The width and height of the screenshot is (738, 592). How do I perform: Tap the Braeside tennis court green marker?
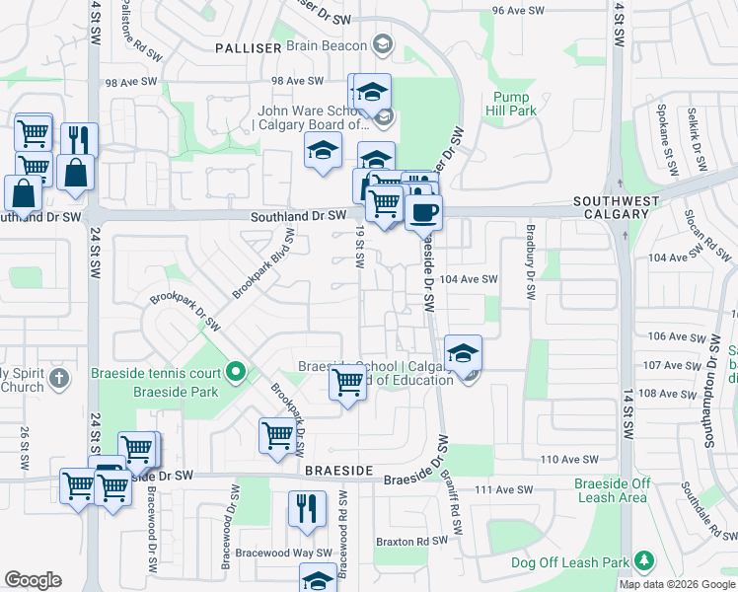pyautogui.click(x=235, y=372)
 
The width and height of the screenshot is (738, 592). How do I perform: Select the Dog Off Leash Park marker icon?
pyautogui.click(x=643, y=561)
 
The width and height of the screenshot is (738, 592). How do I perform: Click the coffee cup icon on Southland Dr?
pyautogui.click(x=423, y=212)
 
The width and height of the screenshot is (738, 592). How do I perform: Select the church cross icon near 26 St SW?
pyautogui.click(x=58, y=379)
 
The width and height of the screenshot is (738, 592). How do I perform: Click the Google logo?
pyautogui.click(x=33, y=579)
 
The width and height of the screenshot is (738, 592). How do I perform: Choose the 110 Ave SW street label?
pyautogui.click(x=569, y=460)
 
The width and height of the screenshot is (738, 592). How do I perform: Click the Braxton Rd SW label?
pyautogui.click(x=411, y=542)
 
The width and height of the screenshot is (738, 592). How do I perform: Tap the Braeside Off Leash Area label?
pyautogui.click(x=613, y=490)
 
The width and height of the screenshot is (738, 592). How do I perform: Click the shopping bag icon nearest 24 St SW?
pyautogui.click(x=75, y=172)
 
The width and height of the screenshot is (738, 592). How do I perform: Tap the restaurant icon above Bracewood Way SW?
pyautogui.click(x=307, y=508)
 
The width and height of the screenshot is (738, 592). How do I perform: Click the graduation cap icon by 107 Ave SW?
pyautogui.click(x=463, y=352)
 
